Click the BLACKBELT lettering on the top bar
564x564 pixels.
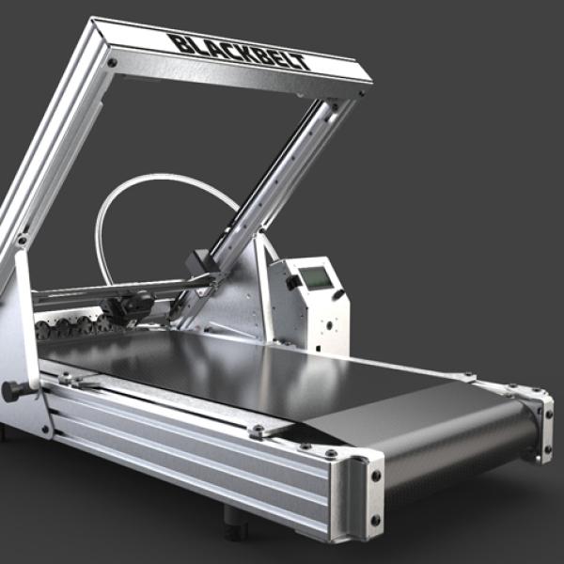240,52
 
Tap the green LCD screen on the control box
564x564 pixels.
316,277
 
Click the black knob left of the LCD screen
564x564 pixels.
293,282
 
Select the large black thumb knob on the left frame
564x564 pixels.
14,391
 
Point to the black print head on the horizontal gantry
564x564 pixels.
128,306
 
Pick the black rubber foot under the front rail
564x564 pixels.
236,519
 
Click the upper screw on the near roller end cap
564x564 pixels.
375,476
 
